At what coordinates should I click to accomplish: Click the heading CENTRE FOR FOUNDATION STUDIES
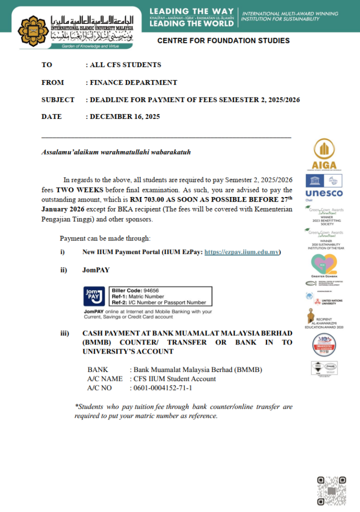pyautogui.click(x=223, y=40)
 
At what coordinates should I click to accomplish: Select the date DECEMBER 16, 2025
pyautogui.click(x=125, y=116)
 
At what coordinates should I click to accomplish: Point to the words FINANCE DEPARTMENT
pyautogui.click(x=133, y=82)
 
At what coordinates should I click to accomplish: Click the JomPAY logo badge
pyautogui.click(x=94, y=296)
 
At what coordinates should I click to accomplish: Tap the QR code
pyautogui.click(x=331, y=491)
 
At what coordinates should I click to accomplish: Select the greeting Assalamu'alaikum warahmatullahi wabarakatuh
pyautogui.click(x=115, y=152)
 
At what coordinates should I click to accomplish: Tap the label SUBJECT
pyautogui.click(x=58, y=99)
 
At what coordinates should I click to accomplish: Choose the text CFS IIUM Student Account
pyautogui.click(x=174, y=378)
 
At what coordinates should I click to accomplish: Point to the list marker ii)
pyautogui.click(x=64, y=270)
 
